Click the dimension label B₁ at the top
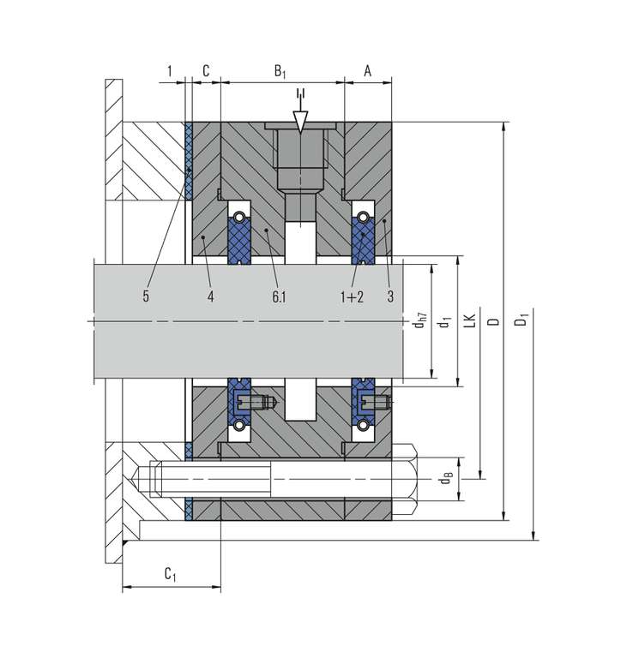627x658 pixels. (280, 71)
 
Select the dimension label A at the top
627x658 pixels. (368, 70)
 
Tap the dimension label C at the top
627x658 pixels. (206, 70)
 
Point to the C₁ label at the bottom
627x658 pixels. (170, 574)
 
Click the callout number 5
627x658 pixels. (146, 296)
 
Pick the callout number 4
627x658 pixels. (210, 296)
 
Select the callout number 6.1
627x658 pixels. (279, 296)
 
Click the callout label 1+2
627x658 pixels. (352, 296)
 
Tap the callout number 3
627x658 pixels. (390, 296)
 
